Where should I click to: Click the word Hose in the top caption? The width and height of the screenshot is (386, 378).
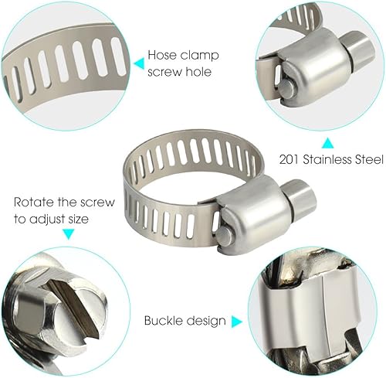(x=162, y=55)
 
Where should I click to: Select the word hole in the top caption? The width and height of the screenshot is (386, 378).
(x=198, y=71)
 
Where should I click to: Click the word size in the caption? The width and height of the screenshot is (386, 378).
(x=78, y=219)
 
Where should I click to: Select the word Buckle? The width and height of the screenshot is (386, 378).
(x=163, y=320)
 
